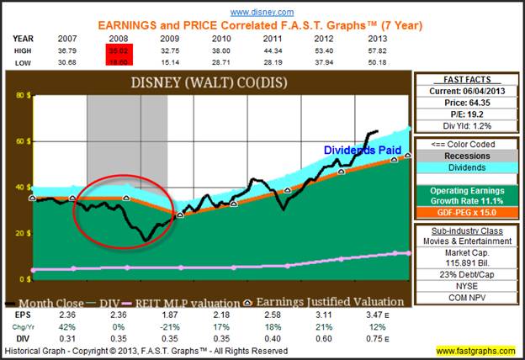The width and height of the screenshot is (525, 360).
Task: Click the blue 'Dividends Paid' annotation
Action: [x=359, y=150]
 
